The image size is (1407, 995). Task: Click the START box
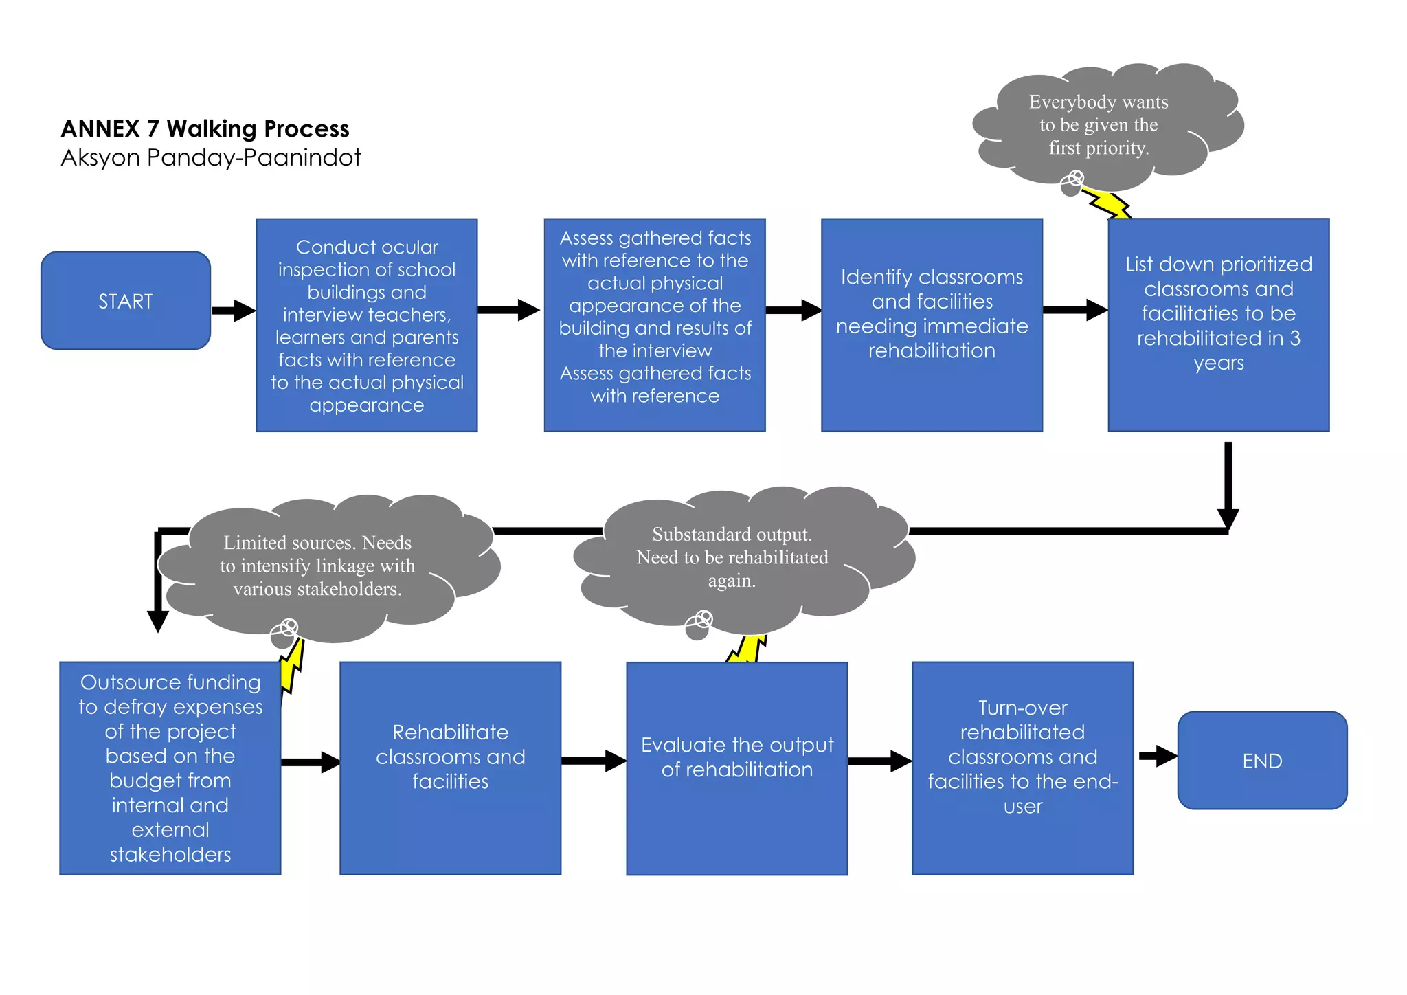click(126, 301)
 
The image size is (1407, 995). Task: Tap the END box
click(1262, 761)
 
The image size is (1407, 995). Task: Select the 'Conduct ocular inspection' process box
click(367, 325)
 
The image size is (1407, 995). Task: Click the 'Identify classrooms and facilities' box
click(932, 325)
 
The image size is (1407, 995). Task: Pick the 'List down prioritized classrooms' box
click(1218, 325)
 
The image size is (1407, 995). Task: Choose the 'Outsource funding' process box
click(170, 768)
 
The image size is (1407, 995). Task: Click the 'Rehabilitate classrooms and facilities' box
click(450, 768)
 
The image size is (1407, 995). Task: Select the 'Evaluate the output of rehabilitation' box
click(736, 768)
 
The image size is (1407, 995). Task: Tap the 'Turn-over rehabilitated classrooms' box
click(1022, 768)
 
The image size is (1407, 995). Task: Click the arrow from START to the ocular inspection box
click(234, 311)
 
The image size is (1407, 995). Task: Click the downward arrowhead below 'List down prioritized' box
click(1228, 518)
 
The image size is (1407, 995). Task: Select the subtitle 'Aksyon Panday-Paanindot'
click(210, 157)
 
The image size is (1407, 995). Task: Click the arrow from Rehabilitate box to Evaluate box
click(594, 761)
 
